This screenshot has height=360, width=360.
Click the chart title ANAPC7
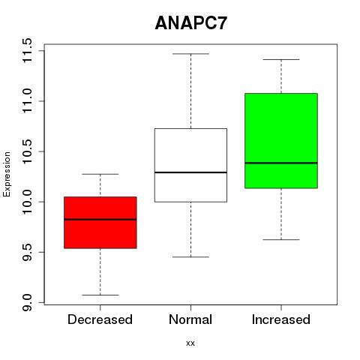[191, 23]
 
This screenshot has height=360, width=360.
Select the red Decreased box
[100, 223]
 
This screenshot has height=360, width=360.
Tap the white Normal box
[190, 165]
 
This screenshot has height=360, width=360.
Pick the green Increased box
[281, 140]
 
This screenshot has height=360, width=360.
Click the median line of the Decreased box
[100, 220]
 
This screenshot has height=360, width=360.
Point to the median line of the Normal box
[190, 172]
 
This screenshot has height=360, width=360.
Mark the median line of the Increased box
[281, 163]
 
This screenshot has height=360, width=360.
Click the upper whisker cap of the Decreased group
[100, 174]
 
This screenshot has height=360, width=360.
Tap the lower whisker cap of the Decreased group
[100, 295]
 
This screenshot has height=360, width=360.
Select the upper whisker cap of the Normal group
[190, 54]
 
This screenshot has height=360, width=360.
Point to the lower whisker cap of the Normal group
[190, 257]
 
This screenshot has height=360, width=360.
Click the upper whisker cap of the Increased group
[281, 59]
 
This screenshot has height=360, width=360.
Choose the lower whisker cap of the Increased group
[281, 240]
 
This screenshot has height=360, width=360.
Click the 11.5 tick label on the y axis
[27, 50]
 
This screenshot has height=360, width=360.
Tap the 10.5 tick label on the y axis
[27, 151]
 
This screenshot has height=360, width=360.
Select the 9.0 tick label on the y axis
[27, 302]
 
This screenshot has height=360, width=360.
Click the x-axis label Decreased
[100, 319]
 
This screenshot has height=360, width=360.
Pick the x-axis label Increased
[281, 319]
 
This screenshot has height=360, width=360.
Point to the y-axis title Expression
[7, 174]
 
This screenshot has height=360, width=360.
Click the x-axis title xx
[190, 343]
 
